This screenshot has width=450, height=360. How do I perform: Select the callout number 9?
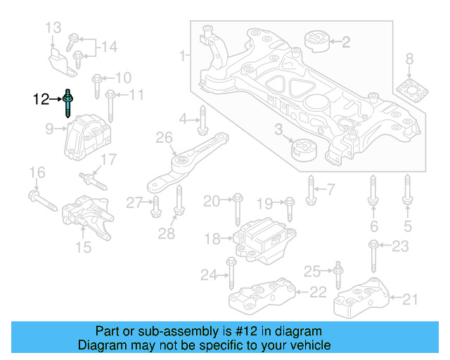point(50,129)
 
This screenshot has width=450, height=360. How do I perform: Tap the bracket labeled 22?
point(259,295)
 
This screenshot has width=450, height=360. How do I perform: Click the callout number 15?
point(83,247)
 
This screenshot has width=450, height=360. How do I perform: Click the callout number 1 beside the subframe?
point(184,54)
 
